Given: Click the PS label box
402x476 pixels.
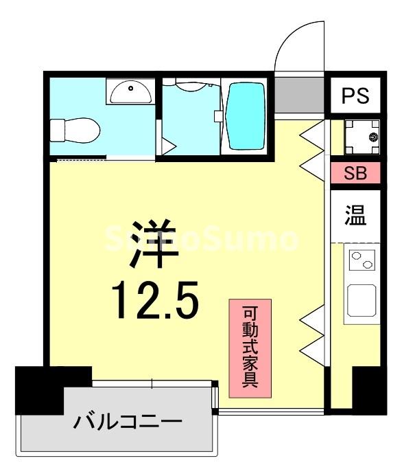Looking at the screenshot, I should point(355,95).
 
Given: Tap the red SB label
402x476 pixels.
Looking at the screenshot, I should point(355,172).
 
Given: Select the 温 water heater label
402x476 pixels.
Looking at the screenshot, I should point(355,216).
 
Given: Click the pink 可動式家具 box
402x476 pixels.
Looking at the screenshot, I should point(250,348).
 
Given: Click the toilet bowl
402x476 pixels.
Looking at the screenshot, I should point(76,129).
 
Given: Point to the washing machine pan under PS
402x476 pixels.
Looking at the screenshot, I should point(361,135).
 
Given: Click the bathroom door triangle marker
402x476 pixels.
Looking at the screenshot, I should point(167,144).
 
